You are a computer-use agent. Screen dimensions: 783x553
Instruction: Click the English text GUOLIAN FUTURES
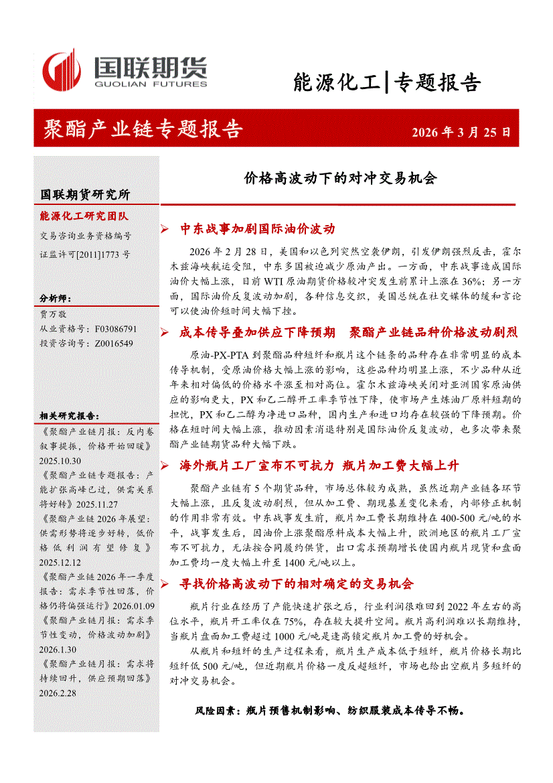pos(150,85)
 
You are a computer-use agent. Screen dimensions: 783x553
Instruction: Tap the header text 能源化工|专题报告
pos(387,82)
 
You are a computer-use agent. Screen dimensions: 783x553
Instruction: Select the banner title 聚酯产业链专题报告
pos(142,129)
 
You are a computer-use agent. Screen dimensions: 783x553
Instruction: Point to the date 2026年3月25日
pos(461,132)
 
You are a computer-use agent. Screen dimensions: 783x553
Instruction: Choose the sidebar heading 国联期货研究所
pos(85,195)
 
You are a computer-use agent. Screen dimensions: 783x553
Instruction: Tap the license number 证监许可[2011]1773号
pos(85,255)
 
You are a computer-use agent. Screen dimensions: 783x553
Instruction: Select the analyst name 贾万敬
pos(54,313)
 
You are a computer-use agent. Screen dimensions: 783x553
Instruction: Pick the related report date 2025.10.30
pos(60,461)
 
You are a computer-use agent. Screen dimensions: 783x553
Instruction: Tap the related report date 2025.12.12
pos(60,563)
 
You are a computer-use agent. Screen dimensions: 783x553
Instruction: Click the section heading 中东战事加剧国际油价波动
pos(257,229)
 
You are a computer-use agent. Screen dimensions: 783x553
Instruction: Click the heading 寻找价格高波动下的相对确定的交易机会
pos(297,584)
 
